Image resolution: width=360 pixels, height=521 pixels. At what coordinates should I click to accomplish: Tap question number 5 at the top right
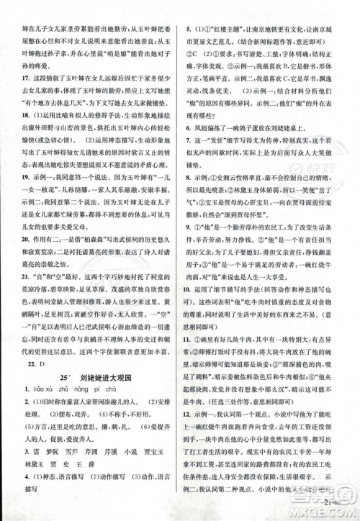tap(188, 10)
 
